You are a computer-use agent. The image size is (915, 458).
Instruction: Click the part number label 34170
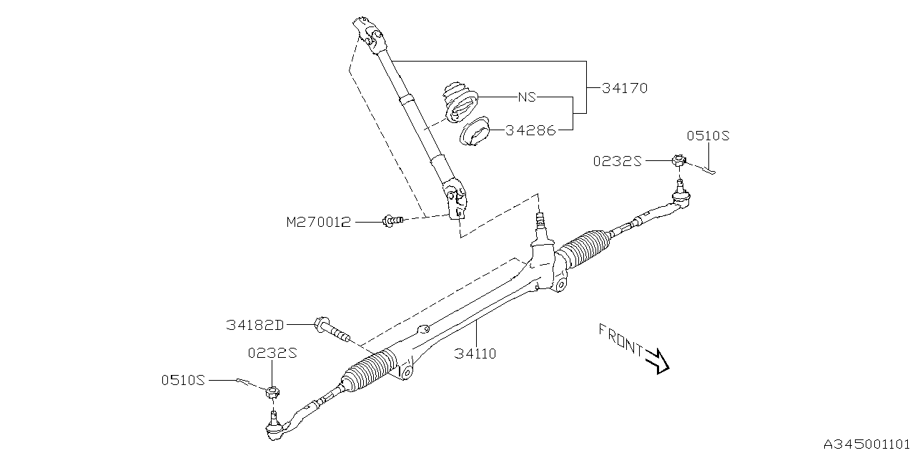point(624,89)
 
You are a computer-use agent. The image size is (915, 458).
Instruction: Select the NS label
point(528,97)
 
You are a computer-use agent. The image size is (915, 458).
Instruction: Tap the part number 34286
point(530,131)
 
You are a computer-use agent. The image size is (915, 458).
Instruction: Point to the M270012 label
point(319,223)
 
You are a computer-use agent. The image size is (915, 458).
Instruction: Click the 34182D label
point(255,326)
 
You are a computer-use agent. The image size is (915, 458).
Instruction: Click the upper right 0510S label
point(709,135)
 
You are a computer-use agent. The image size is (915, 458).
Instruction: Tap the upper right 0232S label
point(617,162)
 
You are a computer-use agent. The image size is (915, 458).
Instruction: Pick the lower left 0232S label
point(272,353)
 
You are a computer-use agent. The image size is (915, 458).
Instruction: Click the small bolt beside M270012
point(392,221)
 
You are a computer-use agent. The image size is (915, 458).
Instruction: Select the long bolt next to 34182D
point(332,331)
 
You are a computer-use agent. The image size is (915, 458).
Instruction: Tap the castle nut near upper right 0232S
point(678,162)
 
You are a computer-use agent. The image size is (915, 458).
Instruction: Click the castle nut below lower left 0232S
point(272,391)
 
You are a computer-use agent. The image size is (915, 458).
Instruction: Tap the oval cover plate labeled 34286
point(474,135)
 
